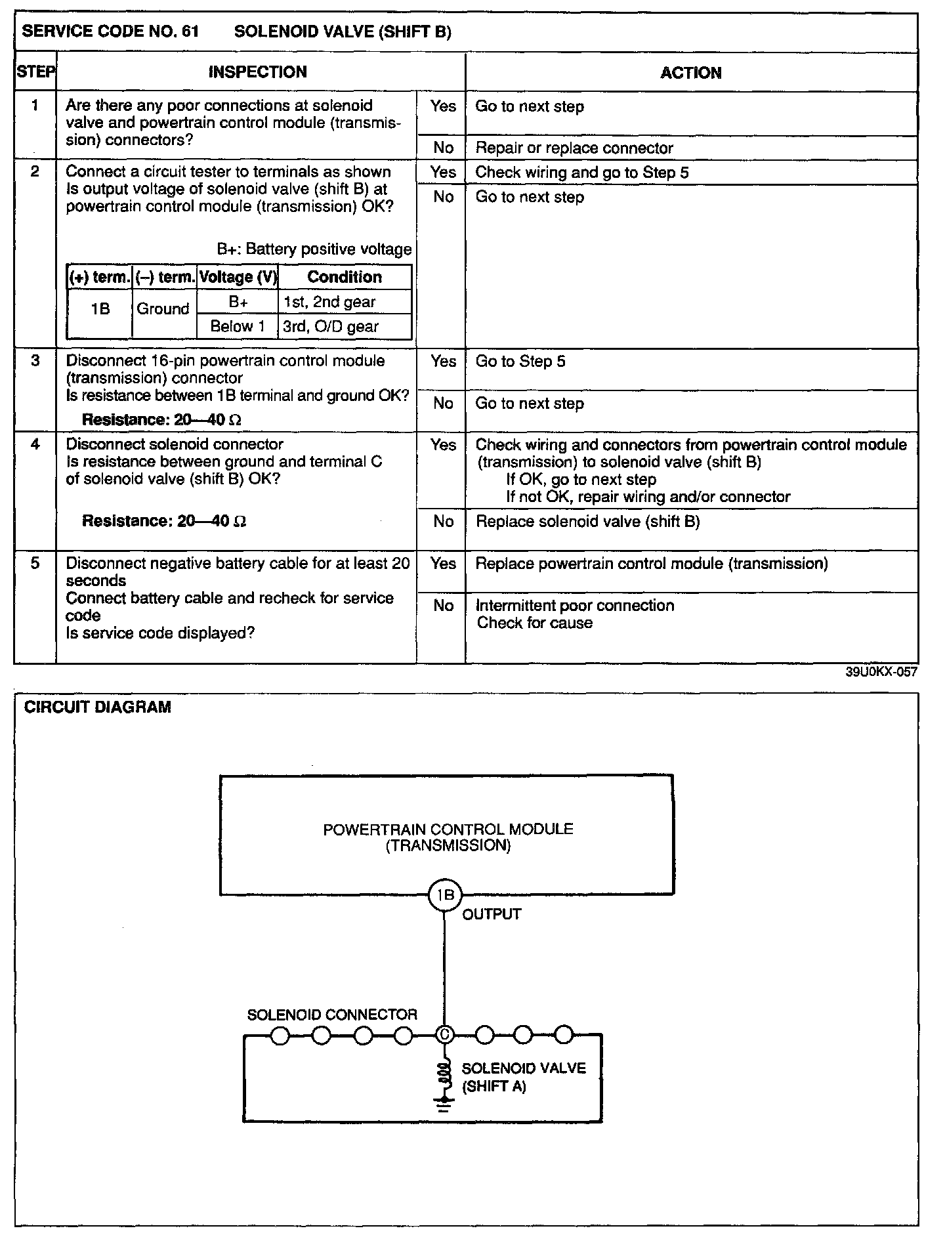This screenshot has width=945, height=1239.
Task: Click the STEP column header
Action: pos(35,72)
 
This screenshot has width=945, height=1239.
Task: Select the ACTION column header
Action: pos(690,73)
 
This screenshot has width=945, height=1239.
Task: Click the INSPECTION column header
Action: pos(257,72)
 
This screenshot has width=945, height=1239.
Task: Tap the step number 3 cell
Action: pos(35,361)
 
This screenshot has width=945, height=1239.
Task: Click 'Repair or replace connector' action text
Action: pos(574,148)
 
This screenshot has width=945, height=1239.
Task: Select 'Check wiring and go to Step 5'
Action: pos(581,173)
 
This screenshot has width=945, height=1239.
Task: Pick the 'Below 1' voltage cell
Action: pos(238,327)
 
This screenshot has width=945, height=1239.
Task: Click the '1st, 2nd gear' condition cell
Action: pos(329,302)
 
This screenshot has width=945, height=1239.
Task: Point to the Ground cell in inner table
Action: pos(163,308)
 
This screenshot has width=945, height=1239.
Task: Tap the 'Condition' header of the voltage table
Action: pos(345,277)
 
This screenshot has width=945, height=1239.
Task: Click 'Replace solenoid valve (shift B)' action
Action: pos(587,522)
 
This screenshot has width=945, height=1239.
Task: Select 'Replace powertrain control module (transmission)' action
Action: pos(651,564)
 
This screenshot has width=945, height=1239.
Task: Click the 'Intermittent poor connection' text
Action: pos(575,606)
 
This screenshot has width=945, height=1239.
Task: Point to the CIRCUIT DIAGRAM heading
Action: pos(98,707)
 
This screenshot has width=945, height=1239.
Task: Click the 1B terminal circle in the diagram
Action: pos(445,895)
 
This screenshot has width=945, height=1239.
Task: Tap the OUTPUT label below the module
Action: pos(492,914)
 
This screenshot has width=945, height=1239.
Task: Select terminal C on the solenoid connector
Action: pos(444,1035)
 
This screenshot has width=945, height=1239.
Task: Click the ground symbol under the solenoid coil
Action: pos(444,1106)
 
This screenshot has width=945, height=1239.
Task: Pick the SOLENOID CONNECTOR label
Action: pos(332,1015)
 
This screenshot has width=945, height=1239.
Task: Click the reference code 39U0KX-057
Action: pos(881,672)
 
